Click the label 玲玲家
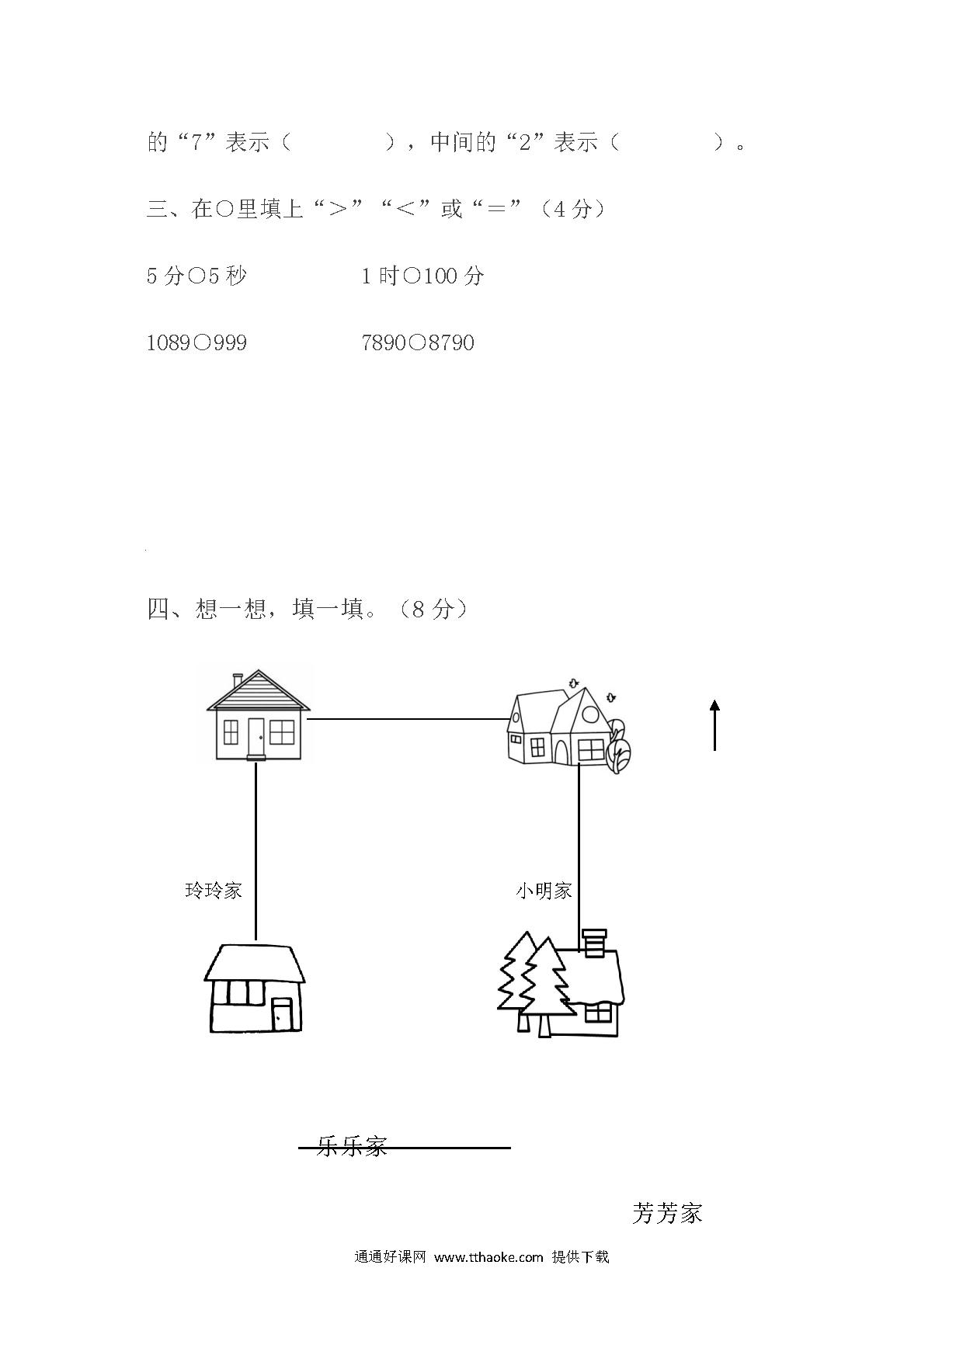pyautogui.click(x=214, y=890)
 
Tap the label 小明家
pyautogui.click(x=544, y=890)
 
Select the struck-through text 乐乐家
pyautogui.click(x=352, y=1146)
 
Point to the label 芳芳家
pyautogui.click(x=667, y=1213)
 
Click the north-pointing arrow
pyautogui.click(x=714, y=724)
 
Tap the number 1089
pyautogui.click(x=169, y=342)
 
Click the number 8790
pyautogui.click(x=451, y=342)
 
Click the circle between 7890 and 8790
pyautogui.click(x=417, y=342)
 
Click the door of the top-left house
pyautogui.click(x=256, y=737)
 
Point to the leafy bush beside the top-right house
pyautogui.click(x=619, y=746)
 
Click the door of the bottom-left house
pyautogui.click(x=281, y=1014)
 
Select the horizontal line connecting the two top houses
pyautogui.click(x=408, y=719)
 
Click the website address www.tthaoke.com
pyautogui.click(x=488, y=1257)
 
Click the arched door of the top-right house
pyautogui.click(x=561, y=751)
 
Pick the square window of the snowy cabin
pyautogui.click(x=598, y=1013)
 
